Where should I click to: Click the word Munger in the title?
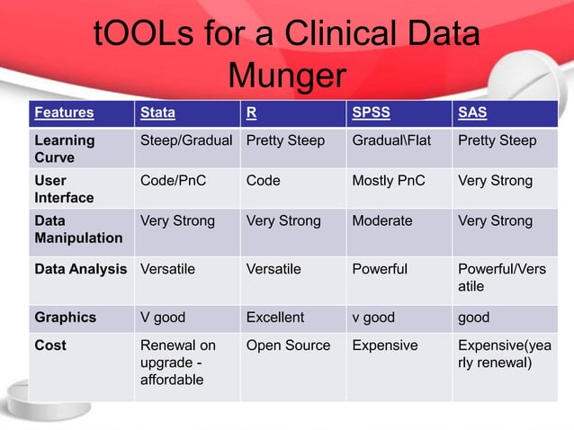tap(287, 76)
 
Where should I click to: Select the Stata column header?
tap(157, 113)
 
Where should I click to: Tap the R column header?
tap(251, 113)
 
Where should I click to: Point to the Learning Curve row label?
tap(64, 148)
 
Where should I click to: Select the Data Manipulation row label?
tap(78, 229)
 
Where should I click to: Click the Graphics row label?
tap(64, 318)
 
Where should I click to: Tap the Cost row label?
tap(49, 345)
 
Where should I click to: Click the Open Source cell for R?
tap(288, 345)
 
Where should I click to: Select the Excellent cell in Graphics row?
tap(275, 318)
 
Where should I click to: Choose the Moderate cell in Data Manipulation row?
tap(381, 220)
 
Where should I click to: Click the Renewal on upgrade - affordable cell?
tap(178, 363)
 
